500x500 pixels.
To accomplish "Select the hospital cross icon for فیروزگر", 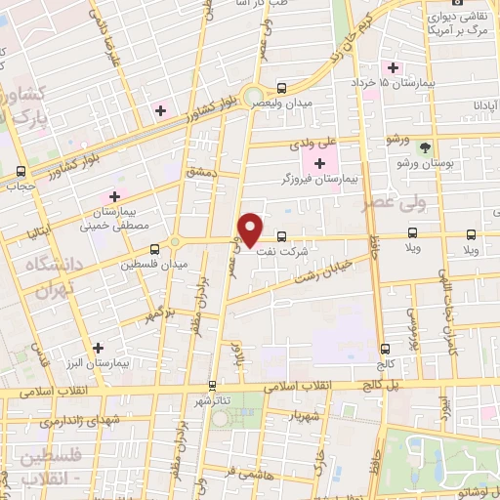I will click(320, 161).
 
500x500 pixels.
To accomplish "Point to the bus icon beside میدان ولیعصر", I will click(281, 86).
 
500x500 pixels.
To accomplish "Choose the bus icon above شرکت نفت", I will click(281, 235).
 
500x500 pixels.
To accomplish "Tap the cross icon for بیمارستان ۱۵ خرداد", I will click(394, 67).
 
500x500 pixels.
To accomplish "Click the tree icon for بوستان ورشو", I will click(425, 147).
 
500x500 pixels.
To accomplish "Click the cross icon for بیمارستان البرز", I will click(97, 347).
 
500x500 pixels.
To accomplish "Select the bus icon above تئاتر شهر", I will click(212, 386).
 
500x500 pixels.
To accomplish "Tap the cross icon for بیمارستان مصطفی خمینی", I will click(114, 196).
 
